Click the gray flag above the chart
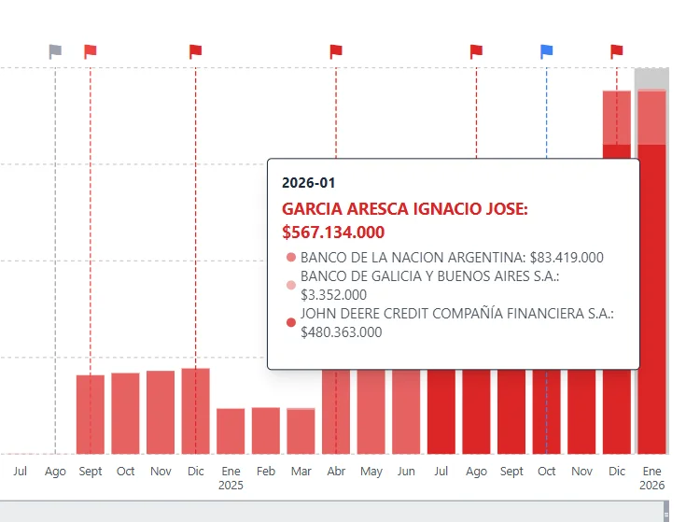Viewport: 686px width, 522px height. tap(56, 51)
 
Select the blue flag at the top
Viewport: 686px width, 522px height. tap(547, 51)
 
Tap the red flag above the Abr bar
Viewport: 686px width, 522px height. tap(336, 51)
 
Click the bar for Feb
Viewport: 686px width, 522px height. tap(265, 430)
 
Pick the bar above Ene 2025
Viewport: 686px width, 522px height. tap(231, 430)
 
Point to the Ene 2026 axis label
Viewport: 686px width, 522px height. tap(651, 478)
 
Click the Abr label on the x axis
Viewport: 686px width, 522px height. tap(336, 472)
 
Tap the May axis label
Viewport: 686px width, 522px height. tap(371, 472)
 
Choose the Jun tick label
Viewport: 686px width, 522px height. tap(406, 472)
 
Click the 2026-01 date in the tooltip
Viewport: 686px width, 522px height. tap(308, 183)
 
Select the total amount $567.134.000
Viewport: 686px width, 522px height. tap(333, 232)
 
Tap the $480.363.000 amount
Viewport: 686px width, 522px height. tap(341, 332)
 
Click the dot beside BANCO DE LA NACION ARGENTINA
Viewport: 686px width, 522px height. tap(291, 258)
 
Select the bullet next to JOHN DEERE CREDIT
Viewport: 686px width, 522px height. tap(291, 323)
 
